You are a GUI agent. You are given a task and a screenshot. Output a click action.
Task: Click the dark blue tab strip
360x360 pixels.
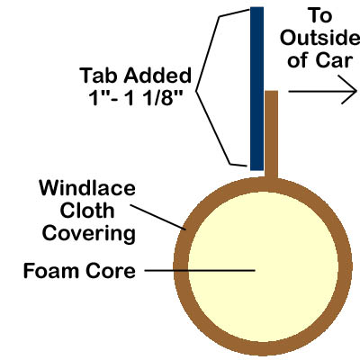tap(256, 89)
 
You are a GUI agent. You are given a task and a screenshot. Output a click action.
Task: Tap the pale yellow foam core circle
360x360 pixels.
tap(263, 267)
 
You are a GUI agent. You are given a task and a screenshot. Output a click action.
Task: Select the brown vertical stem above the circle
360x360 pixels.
tap(271, 134)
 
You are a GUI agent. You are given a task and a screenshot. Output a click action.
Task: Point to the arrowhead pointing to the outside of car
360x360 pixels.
tap(349, 90)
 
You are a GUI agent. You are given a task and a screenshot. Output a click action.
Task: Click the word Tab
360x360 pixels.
tap(99, 76)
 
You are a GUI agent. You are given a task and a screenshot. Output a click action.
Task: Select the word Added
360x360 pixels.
tap(157, 76)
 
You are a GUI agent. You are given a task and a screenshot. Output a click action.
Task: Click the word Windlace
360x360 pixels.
tap(87, 188)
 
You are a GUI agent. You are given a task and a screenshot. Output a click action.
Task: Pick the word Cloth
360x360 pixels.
tap(87, 211)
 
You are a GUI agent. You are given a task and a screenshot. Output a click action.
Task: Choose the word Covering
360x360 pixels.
tap(89, 234)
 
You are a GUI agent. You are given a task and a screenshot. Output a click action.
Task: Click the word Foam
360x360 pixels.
tap(51, 271)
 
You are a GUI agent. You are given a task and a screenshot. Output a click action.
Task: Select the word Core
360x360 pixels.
tap(111, 271)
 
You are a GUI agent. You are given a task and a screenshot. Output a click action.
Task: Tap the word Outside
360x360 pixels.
tap(319, 38)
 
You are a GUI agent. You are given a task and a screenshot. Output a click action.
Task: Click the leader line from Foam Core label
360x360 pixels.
tap(200, 270)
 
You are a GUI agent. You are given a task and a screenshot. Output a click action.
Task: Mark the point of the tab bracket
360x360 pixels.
tap(196, 91)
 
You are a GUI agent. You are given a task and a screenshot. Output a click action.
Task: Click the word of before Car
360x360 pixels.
tap(298, 60)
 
